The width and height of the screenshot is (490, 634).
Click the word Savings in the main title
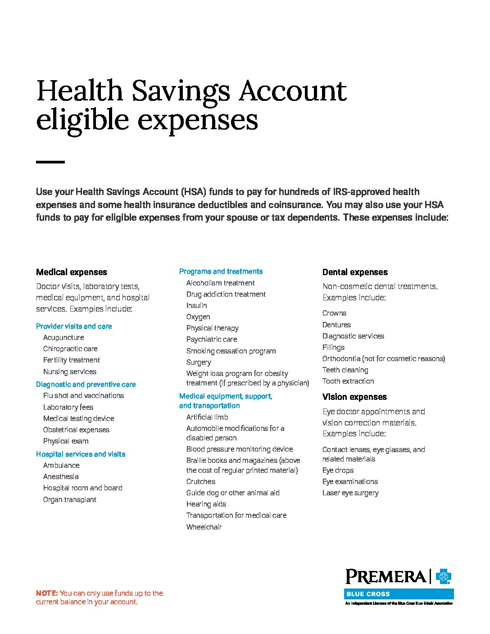(x=181, y=91)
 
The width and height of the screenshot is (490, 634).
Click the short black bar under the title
(x=50, y=162)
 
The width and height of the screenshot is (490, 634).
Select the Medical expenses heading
(x=72, y=272)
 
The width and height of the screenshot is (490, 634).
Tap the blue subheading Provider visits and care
(x=74, y=326)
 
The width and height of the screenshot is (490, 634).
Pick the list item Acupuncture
(x=64, y=337)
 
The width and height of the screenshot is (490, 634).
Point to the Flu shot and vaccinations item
(x=83, y=395)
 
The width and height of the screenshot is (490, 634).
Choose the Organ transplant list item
(x=70, y=499)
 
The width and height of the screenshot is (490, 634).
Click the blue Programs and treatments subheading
(x=221, y=271)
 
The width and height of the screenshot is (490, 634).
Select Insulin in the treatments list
(x=197, y=305)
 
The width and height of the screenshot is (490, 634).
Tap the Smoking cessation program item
(x=231, y=351)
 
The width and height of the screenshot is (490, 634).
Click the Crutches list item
(x=201, y=481)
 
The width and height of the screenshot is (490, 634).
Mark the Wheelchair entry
(x=204, y=527)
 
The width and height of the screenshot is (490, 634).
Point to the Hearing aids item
(x=206, y=504)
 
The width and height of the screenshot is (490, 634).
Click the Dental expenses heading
(x=355, y=272)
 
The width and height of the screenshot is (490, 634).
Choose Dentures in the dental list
(x=336, y=325)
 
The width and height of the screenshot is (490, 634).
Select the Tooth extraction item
(x=348, y=381)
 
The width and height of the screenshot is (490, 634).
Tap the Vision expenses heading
(x=354, y=397)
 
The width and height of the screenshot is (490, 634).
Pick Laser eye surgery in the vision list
(x=350, y=493)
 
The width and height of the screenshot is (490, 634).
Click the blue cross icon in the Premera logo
(x=444, y=576)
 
